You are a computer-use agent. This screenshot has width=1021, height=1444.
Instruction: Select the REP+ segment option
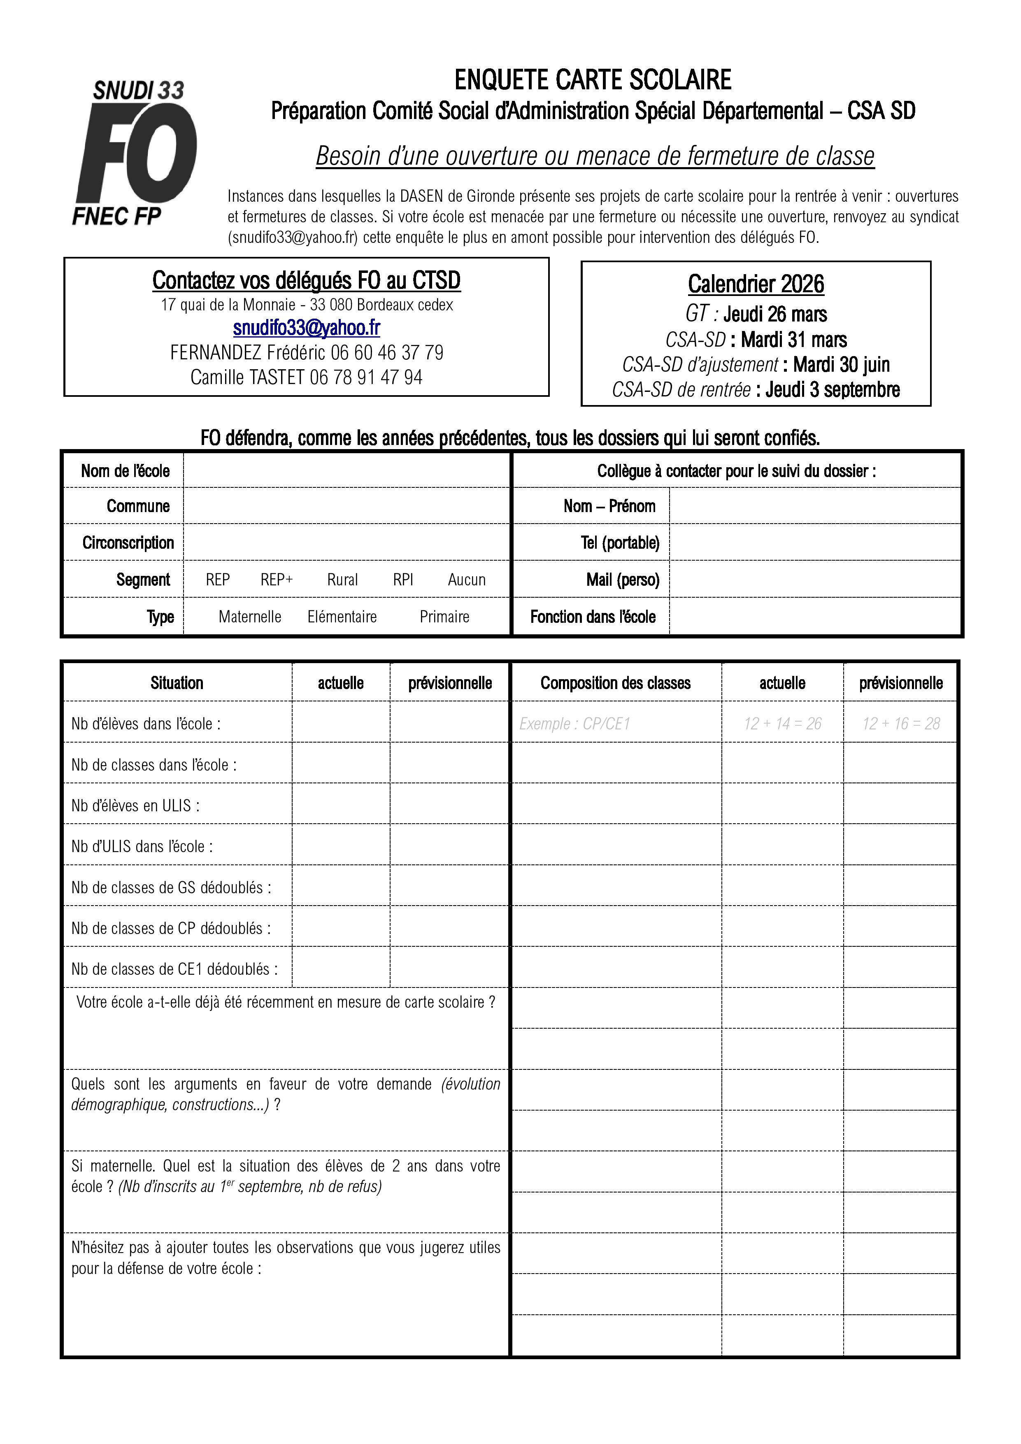[x=277, y=579]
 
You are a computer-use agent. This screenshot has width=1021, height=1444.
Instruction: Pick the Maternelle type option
[x=250, y=616]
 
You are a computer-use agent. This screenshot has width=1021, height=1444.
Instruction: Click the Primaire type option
[x=444, y=616]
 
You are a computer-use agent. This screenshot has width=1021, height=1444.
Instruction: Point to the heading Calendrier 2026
[x=755, y=284]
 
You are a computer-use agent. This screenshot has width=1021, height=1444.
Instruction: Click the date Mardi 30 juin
[x=841, y=365]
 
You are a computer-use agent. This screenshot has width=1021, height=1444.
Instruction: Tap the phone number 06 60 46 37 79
[x=387, y=352]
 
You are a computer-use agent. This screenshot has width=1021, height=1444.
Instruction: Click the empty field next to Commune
[x=346, y=505]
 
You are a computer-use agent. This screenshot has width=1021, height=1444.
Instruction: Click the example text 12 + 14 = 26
[x=782, y=723]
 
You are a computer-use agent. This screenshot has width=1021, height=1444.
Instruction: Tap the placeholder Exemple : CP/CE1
[x=574, y=723]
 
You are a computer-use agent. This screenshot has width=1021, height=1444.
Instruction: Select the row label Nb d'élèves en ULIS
[x=135, y=806]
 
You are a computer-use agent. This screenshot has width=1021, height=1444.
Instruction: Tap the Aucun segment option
[x=467, y=579]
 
